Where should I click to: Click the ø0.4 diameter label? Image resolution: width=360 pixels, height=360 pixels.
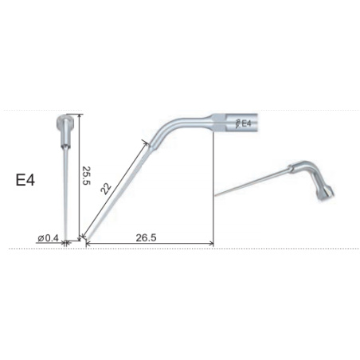click(49, 237)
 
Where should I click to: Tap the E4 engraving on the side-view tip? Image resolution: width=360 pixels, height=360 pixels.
click(246, 123)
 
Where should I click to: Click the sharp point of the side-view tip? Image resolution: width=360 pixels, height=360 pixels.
click(85, 237)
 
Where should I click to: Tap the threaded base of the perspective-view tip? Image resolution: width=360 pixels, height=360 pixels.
click(325, 196)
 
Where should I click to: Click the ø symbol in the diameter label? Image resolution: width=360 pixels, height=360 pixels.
click(41, 237)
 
